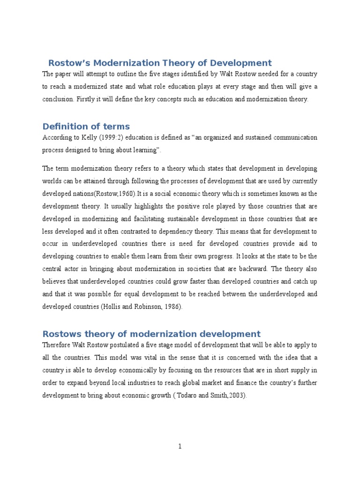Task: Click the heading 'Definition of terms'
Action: (x=86, y=127)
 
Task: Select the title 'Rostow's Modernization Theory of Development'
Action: (x=160, y=63)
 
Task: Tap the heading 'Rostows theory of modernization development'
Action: (x=151, y=334)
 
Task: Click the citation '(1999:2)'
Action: (x=114, y=138)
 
